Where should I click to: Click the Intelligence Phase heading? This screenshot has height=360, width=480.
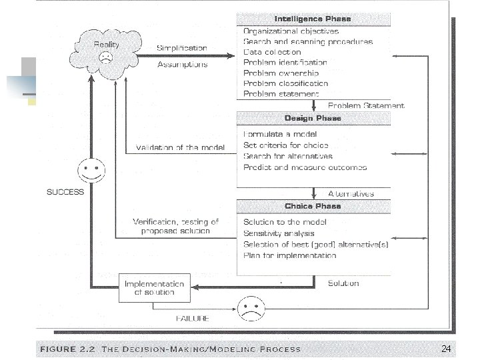pos(313,19)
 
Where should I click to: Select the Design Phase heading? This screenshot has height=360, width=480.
pos(313,118)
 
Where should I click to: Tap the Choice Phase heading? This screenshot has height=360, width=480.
pos(313,206)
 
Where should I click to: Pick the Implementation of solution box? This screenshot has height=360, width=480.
pos(150,287)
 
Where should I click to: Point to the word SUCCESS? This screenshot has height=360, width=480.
pos(65,192)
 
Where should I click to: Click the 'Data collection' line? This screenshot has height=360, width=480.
pos(272,52)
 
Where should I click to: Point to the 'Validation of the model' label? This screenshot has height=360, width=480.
pos(180,147)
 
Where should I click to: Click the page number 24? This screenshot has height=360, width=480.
pos(447,349)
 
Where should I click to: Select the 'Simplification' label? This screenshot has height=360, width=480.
pos(182,48)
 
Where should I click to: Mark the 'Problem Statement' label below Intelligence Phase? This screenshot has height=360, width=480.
pos(366,105)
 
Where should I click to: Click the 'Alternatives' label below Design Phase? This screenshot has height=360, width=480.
pos(351,193)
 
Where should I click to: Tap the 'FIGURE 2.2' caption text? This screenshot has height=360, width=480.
pos(67,349)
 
